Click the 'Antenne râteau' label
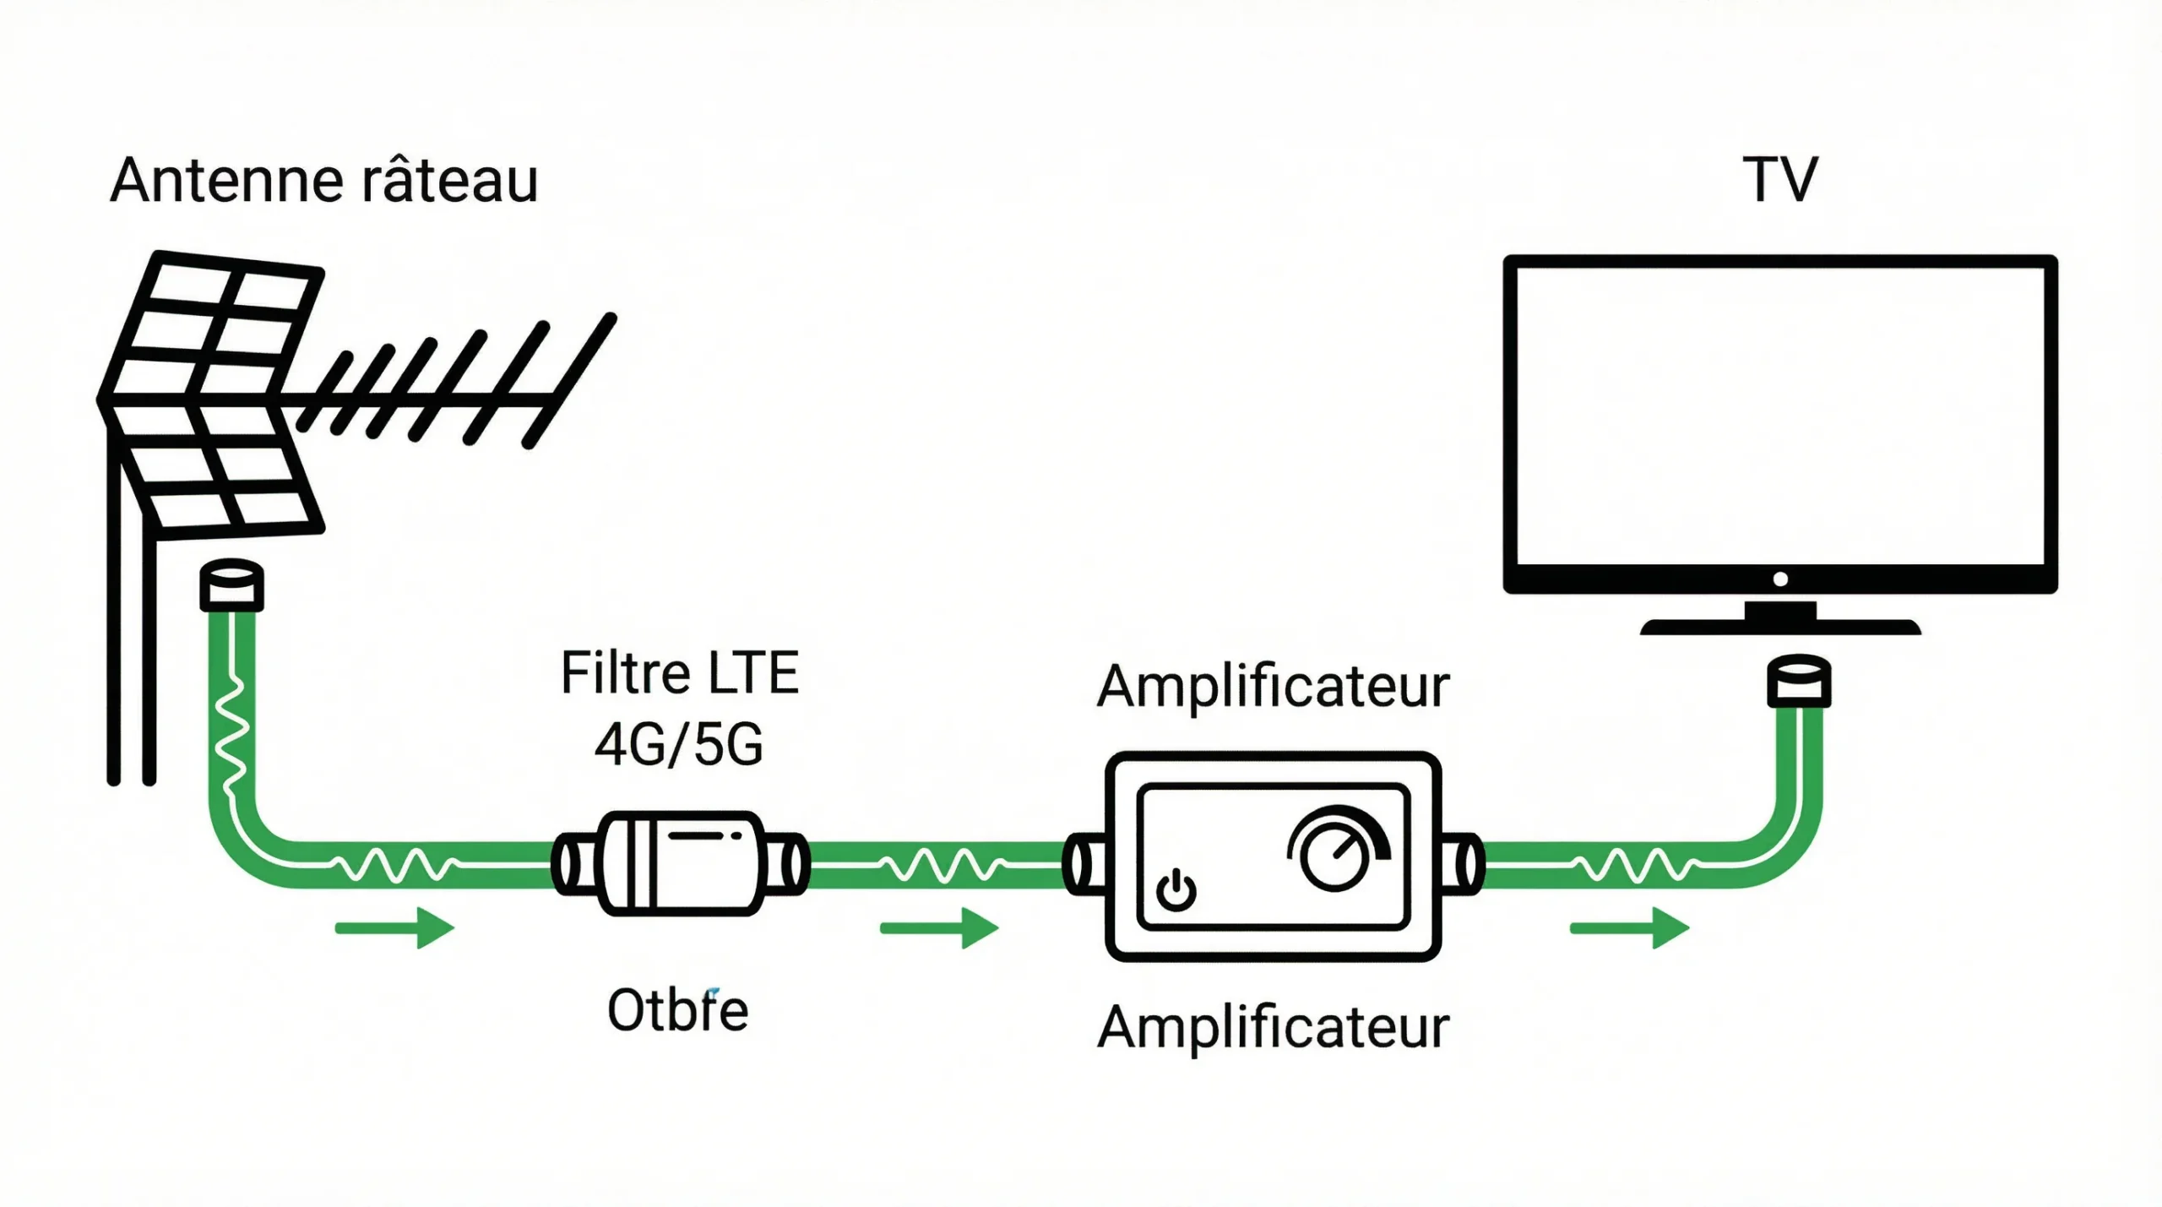pyautogui.click(x=324, y=180)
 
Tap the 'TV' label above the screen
pyautogui.click(x=1780, y=180)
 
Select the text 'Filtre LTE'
pyautogui.click(x=679, y=673)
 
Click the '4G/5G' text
pyautogui.click(x=679, y=744)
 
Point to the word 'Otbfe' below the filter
pyautogui.click(x=678, y=1010)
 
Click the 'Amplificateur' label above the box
pyautogui.click(x=1273, y=686)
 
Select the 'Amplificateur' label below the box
pyautogui.click(x=1273, y=1028)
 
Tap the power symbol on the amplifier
pyautogui.click(x=1176, y=891)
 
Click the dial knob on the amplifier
pyautogui.click(x=1334, y=854)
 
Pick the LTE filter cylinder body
pyautogui.click(x=681, y=863)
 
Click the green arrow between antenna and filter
pyautogui.click(x=394, y=928)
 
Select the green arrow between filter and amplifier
pyautogui.click(x=939, y=928)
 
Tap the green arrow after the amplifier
pyautogui.click(x=1629, y=928)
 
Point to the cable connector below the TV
pyautogui.click(x=1799, y=681)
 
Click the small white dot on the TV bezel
pyautogui.click(x=1780, y=579)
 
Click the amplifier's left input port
pyautogui.click(x=1084, y=863)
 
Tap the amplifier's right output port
pyautogui.click(x=1462, y=863)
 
